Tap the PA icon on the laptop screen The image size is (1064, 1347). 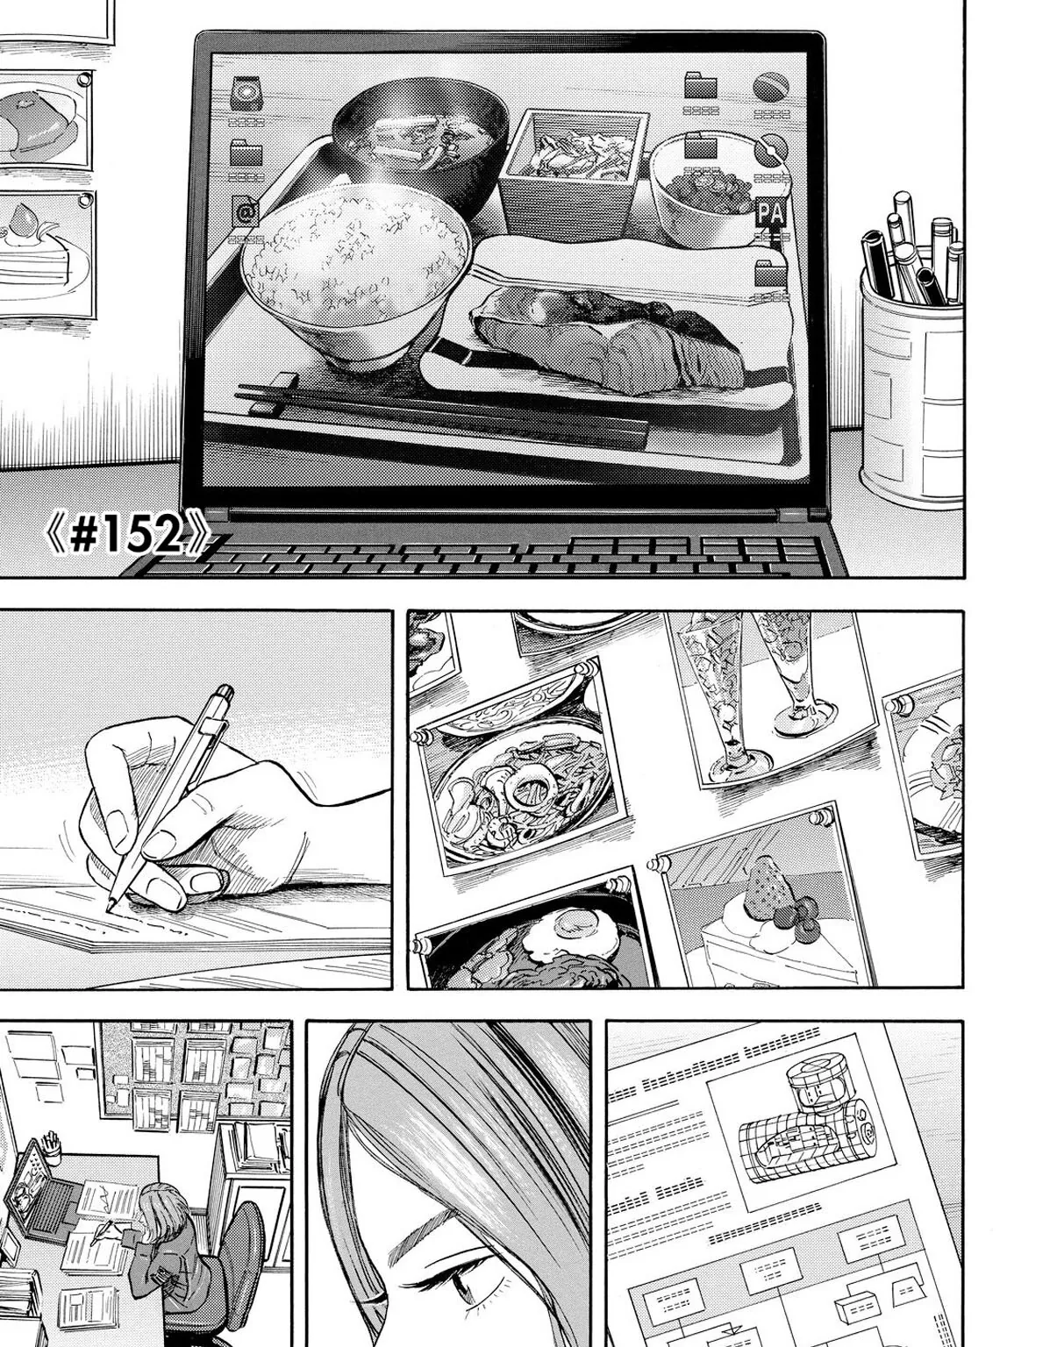pyautogui.click(x=769, y=214)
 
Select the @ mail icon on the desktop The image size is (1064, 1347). pyautogui.click(x=246, y=214)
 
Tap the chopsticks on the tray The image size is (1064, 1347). pyautogui.click(x=439, y=417)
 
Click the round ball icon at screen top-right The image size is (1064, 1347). pyautogui.click(x=771, y=89)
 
